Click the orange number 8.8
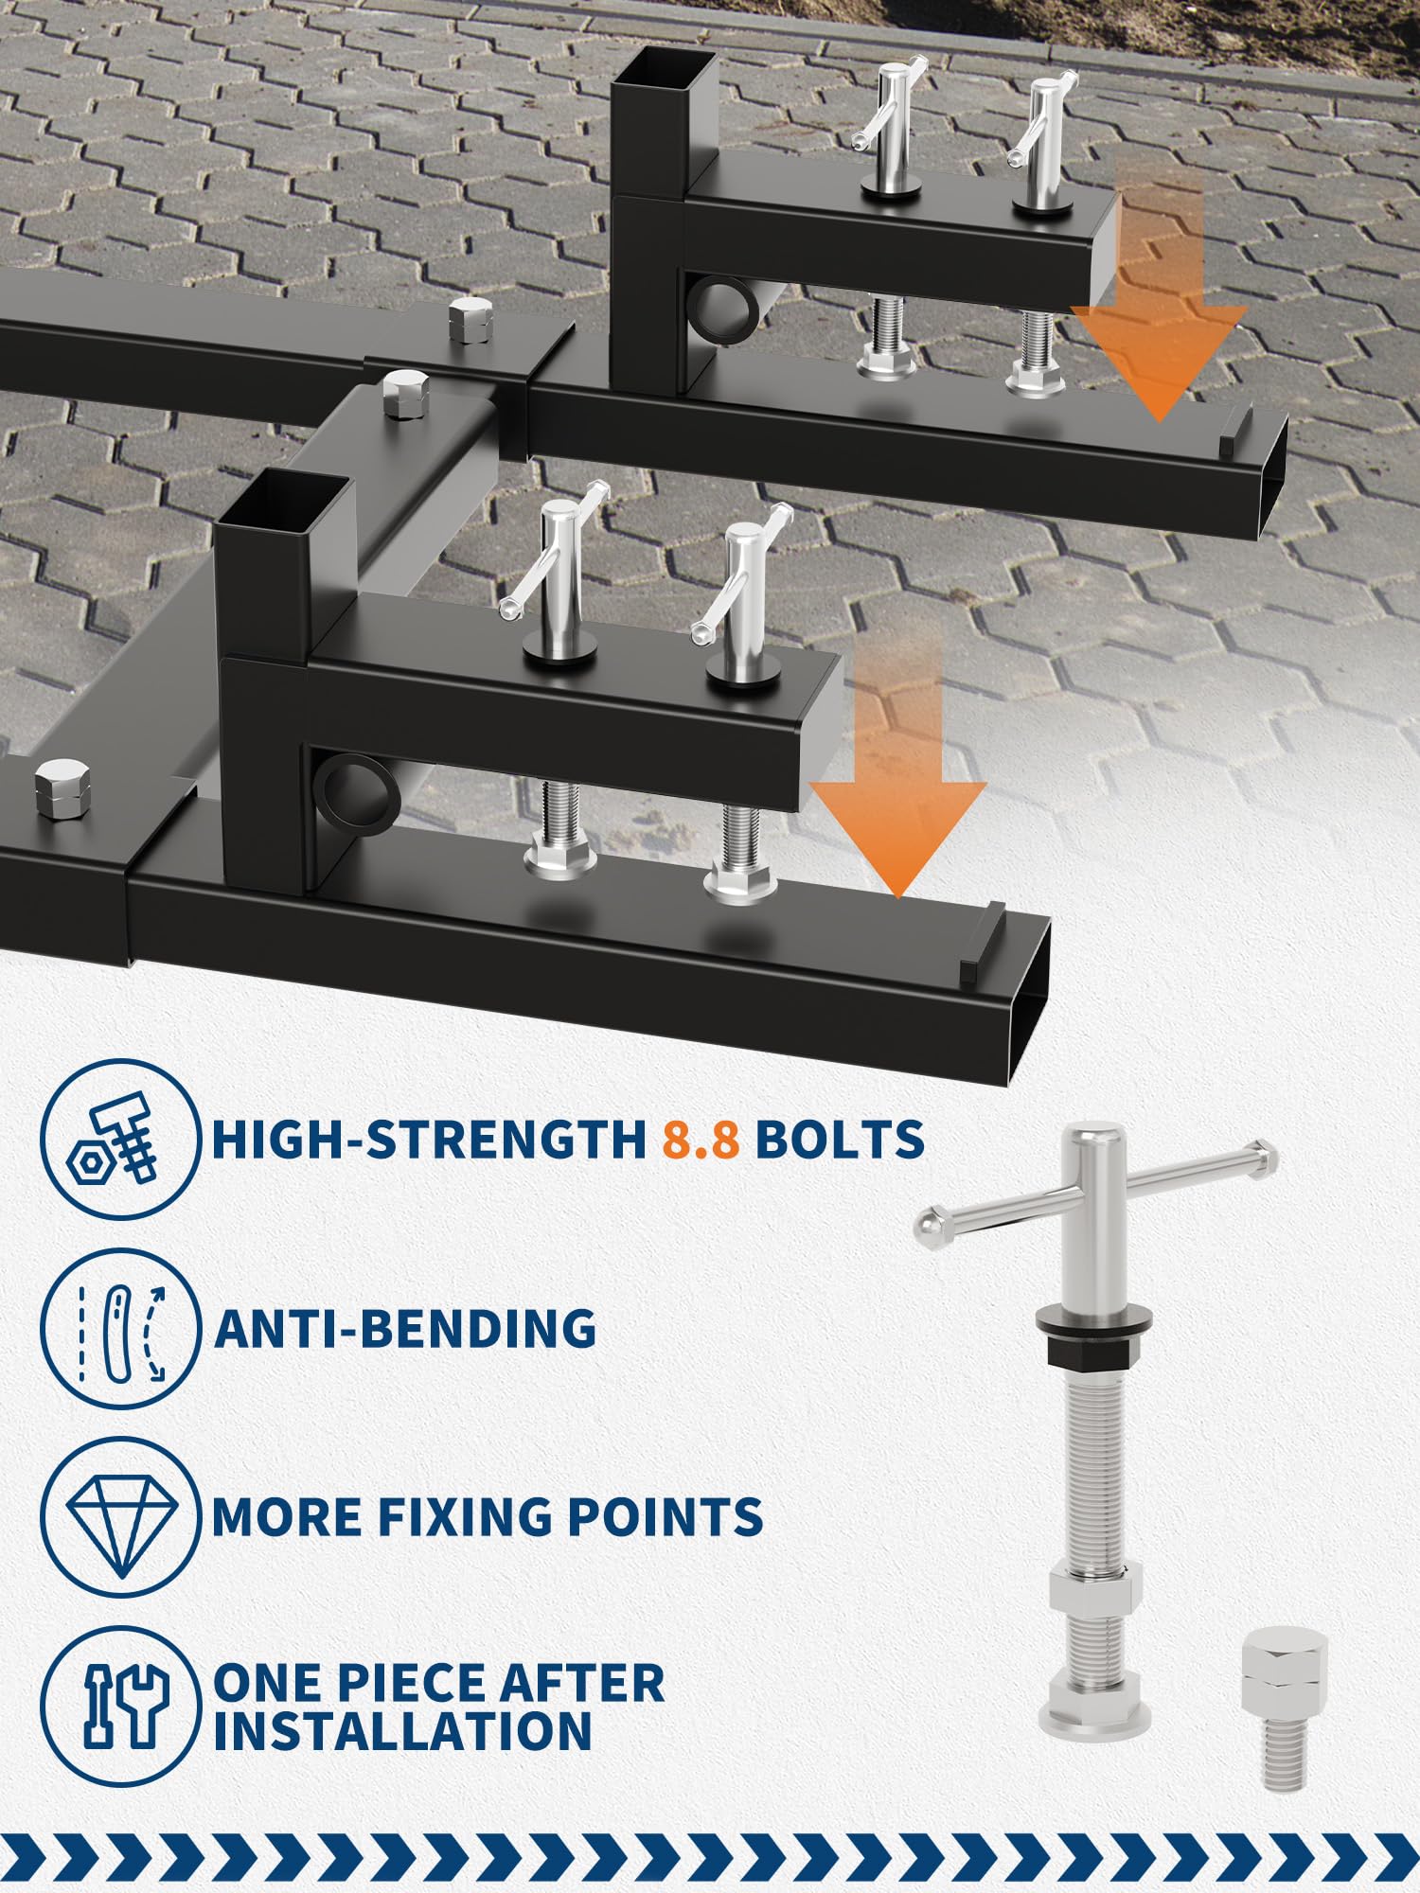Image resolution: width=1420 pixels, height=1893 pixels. (x=701, y=1139)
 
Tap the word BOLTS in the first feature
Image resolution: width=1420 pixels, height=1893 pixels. (x=840, y=1139)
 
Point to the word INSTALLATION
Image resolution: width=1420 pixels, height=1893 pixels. (x=402, y=1731)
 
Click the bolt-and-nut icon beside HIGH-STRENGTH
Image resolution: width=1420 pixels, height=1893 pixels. (x=120, y=1139)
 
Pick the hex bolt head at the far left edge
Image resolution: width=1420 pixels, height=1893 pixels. (x=62, y=788)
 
